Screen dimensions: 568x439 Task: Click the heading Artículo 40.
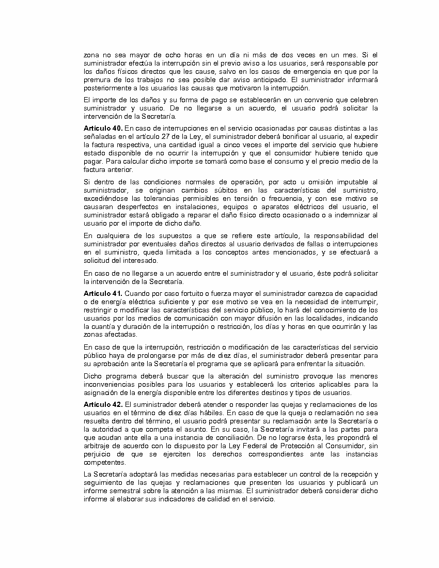tap(103, 128)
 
